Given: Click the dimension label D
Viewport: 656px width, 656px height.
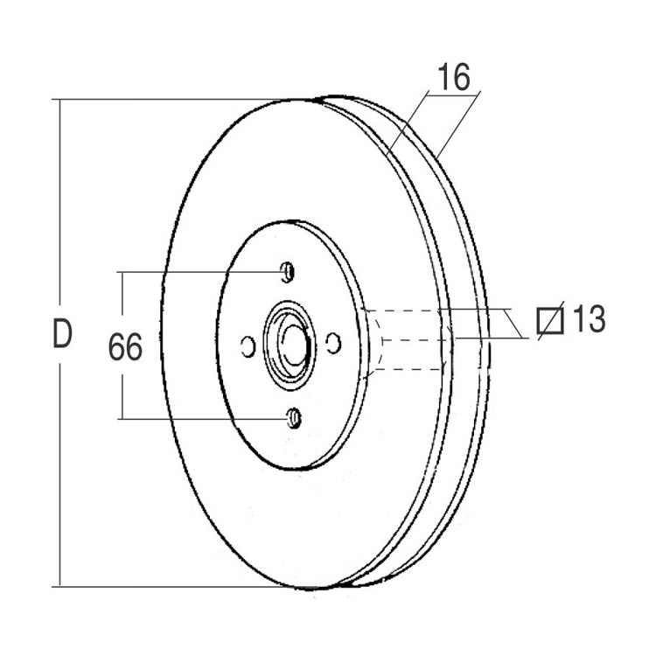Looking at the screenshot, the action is click(63, 333).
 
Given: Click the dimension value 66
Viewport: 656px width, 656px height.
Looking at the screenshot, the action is click(125, 347).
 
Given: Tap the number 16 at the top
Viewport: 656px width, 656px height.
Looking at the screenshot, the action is click(453, 77).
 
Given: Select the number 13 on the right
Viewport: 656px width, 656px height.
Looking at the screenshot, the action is click(589, 318).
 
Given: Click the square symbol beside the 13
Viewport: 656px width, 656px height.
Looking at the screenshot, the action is click(550, 321).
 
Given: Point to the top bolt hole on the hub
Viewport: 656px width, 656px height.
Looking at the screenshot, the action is click(287, 272).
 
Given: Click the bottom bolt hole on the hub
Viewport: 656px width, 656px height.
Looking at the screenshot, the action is click(294, 417).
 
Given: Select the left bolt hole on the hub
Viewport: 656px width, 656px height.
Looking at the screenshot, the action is click(248, 346).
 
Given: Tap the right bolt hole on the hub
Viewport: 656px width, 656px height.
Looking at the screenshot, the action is click(333, 344).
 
